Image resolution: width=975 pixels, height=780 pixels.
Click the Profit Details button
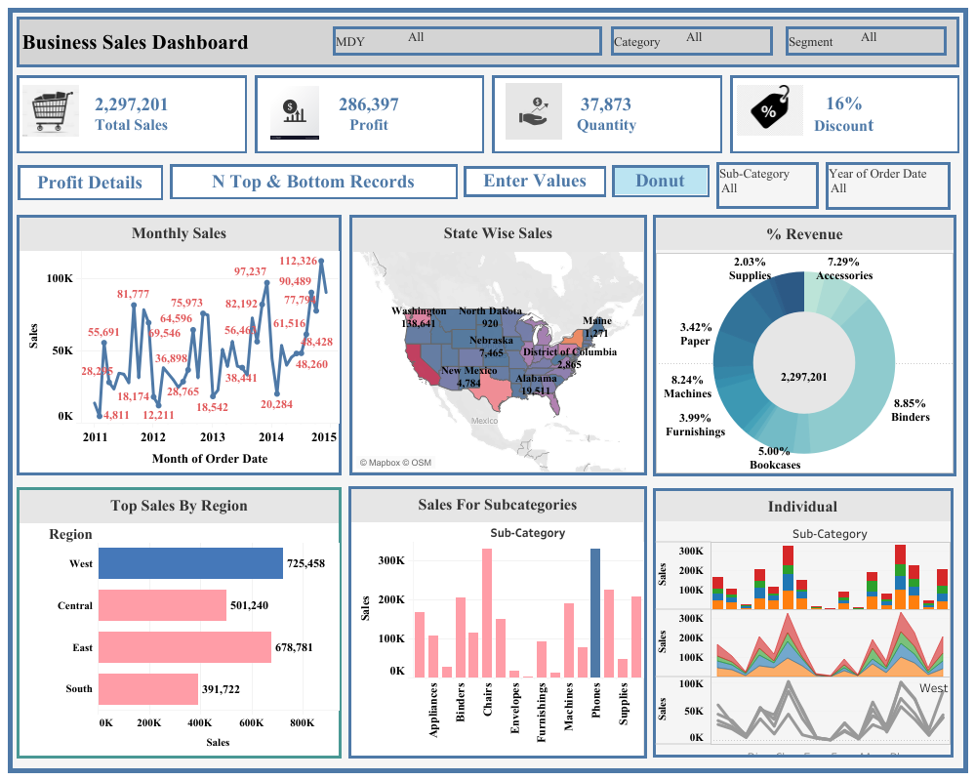[90, 183]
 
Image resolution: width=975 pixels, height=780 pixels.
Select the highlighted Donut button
[661, 181]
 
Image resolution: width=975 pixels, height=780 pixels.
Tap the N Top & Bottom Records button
[313, 182]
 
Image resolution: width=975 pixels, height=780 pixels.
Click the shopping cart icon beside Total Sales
[51, 113]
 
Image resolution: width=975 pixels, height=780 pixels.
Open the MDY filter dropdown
[467, 41]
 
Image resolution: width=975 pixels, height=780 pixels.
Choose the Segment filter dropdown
[866, 41]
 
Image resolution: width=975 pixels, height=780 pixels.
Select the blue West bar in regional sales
[190, 563]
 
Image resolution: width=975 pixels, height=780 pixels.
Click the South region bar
[148, 689]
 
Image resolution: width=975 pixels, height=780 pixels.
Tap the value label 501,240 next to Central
[256, 606]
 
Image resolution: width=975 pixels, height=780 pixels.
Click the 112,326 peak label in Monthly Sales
[299, 261]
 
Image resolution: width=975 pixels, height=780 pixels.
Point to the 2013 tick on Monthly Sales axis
[213, 437]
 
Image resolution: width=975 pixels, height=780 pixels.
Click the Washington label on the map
[419, 311]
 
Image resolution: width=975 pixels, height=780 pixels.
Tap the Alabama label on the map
[536, 378]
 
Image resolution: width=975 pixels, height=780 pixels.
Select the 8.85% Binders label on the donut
[910, 410]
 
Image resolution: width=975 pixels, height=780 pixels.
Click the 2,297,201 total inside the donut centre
[804, 377]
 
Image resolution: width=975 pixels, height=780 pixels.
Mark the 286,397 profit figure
[368, 104]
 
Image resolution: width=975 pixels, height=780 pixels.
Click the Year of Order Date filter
[886, 185]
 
